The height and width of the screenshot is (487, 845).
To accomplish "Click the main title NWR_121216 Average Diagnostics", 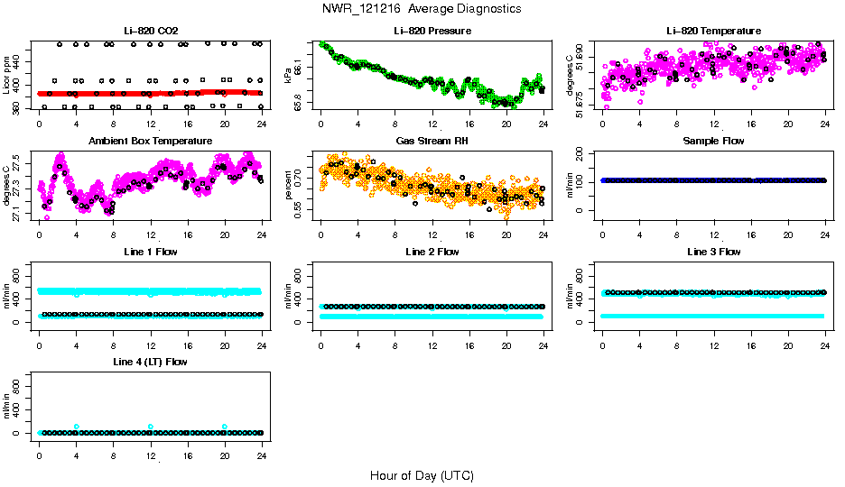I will point(422,8).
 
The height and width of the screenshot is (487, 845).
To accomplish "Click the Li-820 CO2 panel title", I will point(151,31).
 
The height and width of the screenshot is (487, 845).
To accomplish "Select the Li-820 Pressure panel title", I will point(432,31).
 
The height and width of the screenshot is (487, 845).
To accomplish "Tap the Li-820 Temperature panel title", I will point(713,31).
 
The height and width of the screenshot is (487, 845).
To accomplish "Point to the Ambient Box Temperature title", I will point(151,141).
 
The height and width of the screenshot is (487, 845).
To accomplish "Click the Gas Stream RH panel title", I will point(432,141).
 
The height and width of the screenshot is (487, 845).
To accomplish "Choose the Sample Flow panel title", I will point(713,141).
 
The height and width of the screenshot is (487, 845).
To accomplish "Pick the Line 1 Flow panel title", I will point(151,252).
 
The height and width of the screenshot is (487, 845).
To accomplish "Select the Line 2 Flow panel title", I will point(432,252).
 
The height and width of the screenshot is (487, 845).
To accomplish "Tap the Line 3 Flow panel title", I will point(713,252).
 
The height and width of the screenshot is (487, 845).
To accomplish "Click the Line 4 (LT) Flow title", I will point(151,362).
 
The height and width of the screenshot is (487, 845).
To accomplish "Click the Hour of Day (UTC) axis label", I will point(422,475).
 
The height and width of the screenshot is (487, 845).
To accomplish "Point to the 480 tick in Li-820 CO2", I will point(21,43).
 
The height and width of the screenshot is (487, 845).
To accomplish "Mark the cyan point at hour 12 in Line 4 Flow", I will point(151,427).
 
